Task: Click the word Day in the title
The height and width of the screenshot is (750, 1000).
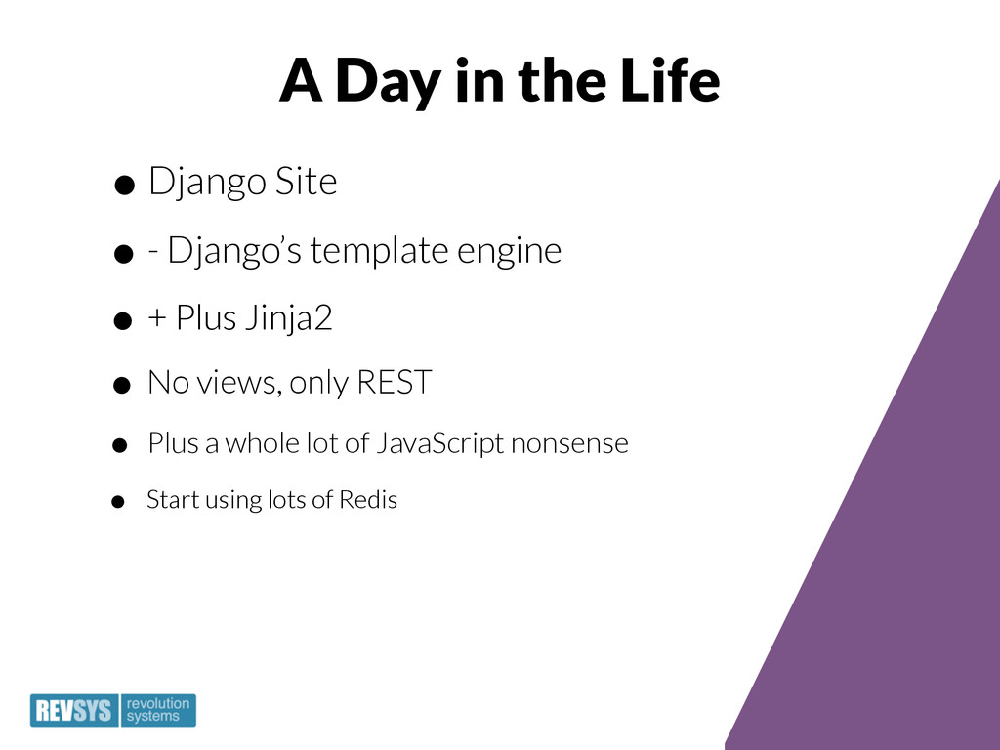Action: click(387, 82)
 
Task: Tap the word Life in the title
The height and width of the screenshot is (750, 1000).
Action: click(670, 80)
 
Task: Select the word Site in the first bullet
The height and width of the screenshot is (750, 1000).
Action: click(306, 181)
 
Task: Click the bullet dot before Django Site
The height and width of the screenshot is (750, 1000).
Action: click(124, 186)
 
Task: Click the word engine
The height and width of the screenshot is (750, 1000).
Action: click(509, 252)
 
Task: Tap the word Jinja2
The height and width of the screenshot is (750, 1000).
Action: click(289, 318)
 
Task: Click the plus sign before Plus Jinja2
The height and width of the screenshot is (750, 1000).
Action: click(157, 318)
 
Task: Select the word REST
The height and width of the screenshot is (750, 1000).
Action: click(395, 382)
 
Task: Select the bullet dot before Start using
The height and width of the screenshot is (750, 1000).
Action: click(117, 502)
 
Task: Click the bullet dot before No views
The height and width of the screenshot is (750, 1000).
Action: click(121, 385)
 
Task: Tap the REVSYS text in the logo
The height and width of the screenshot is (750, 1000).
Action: click(74, 711)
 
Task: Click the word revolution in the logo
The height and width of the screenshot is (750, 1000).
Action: click(158, 703)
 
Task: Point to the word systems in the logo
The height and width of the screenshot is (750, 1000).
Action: click(153, 717)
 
